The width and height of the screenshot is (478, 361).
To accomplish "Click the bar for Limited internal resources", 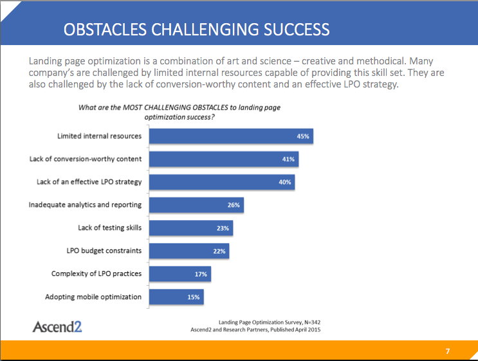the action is [x=231, y=136].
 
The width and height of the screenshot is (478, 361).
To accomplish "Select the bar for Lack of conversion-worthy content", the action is [x=224, y=159].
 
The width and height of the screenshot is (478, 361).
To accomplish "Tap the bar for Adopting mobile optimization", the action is [x=176, y=297].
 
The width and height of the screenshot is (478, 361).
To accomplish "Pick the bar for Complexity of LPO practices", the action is [x=180, y=274].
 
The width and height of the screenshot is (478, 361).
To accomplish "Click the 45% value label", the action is [x=303, y=136].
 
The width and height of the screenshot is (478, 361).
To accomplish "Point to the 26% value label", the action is [x=234, y=205].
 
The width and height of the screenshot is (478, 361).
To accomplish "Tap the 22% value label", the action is [x=219, y=251].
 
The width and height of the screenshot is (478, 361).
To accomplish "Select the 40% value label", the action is [x=285, y=182].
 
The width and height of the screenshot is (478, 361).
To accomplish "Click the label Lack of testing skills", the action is [x=110, y=228].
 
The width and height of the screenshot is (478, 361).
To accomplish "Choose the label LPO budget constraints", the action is [x=104, y=250].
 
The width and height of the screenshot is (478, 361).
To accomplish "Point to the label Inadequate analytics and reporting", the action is [x=85, y=205].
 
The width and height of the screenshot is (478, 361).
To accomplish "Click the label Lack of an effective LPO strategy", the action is [x=89, y=182].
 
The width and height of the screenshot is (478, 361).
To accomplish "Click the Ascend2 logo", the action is [x=57, y=326].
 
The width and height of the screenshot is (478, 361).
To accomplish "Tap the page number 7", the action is [x=448, y=351].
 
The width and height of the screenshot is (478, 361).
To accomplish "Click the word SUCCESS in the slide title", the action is [x=297, y=30].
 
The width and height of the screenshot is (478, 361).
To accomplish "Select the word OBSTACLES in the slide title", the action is [x=105, y=30].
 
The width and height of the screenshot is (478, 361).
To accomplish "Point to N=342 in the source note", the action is [x=313, y=322].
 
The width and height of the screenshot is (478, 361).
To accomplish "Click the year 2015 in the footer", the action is [x=314, y=329].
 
